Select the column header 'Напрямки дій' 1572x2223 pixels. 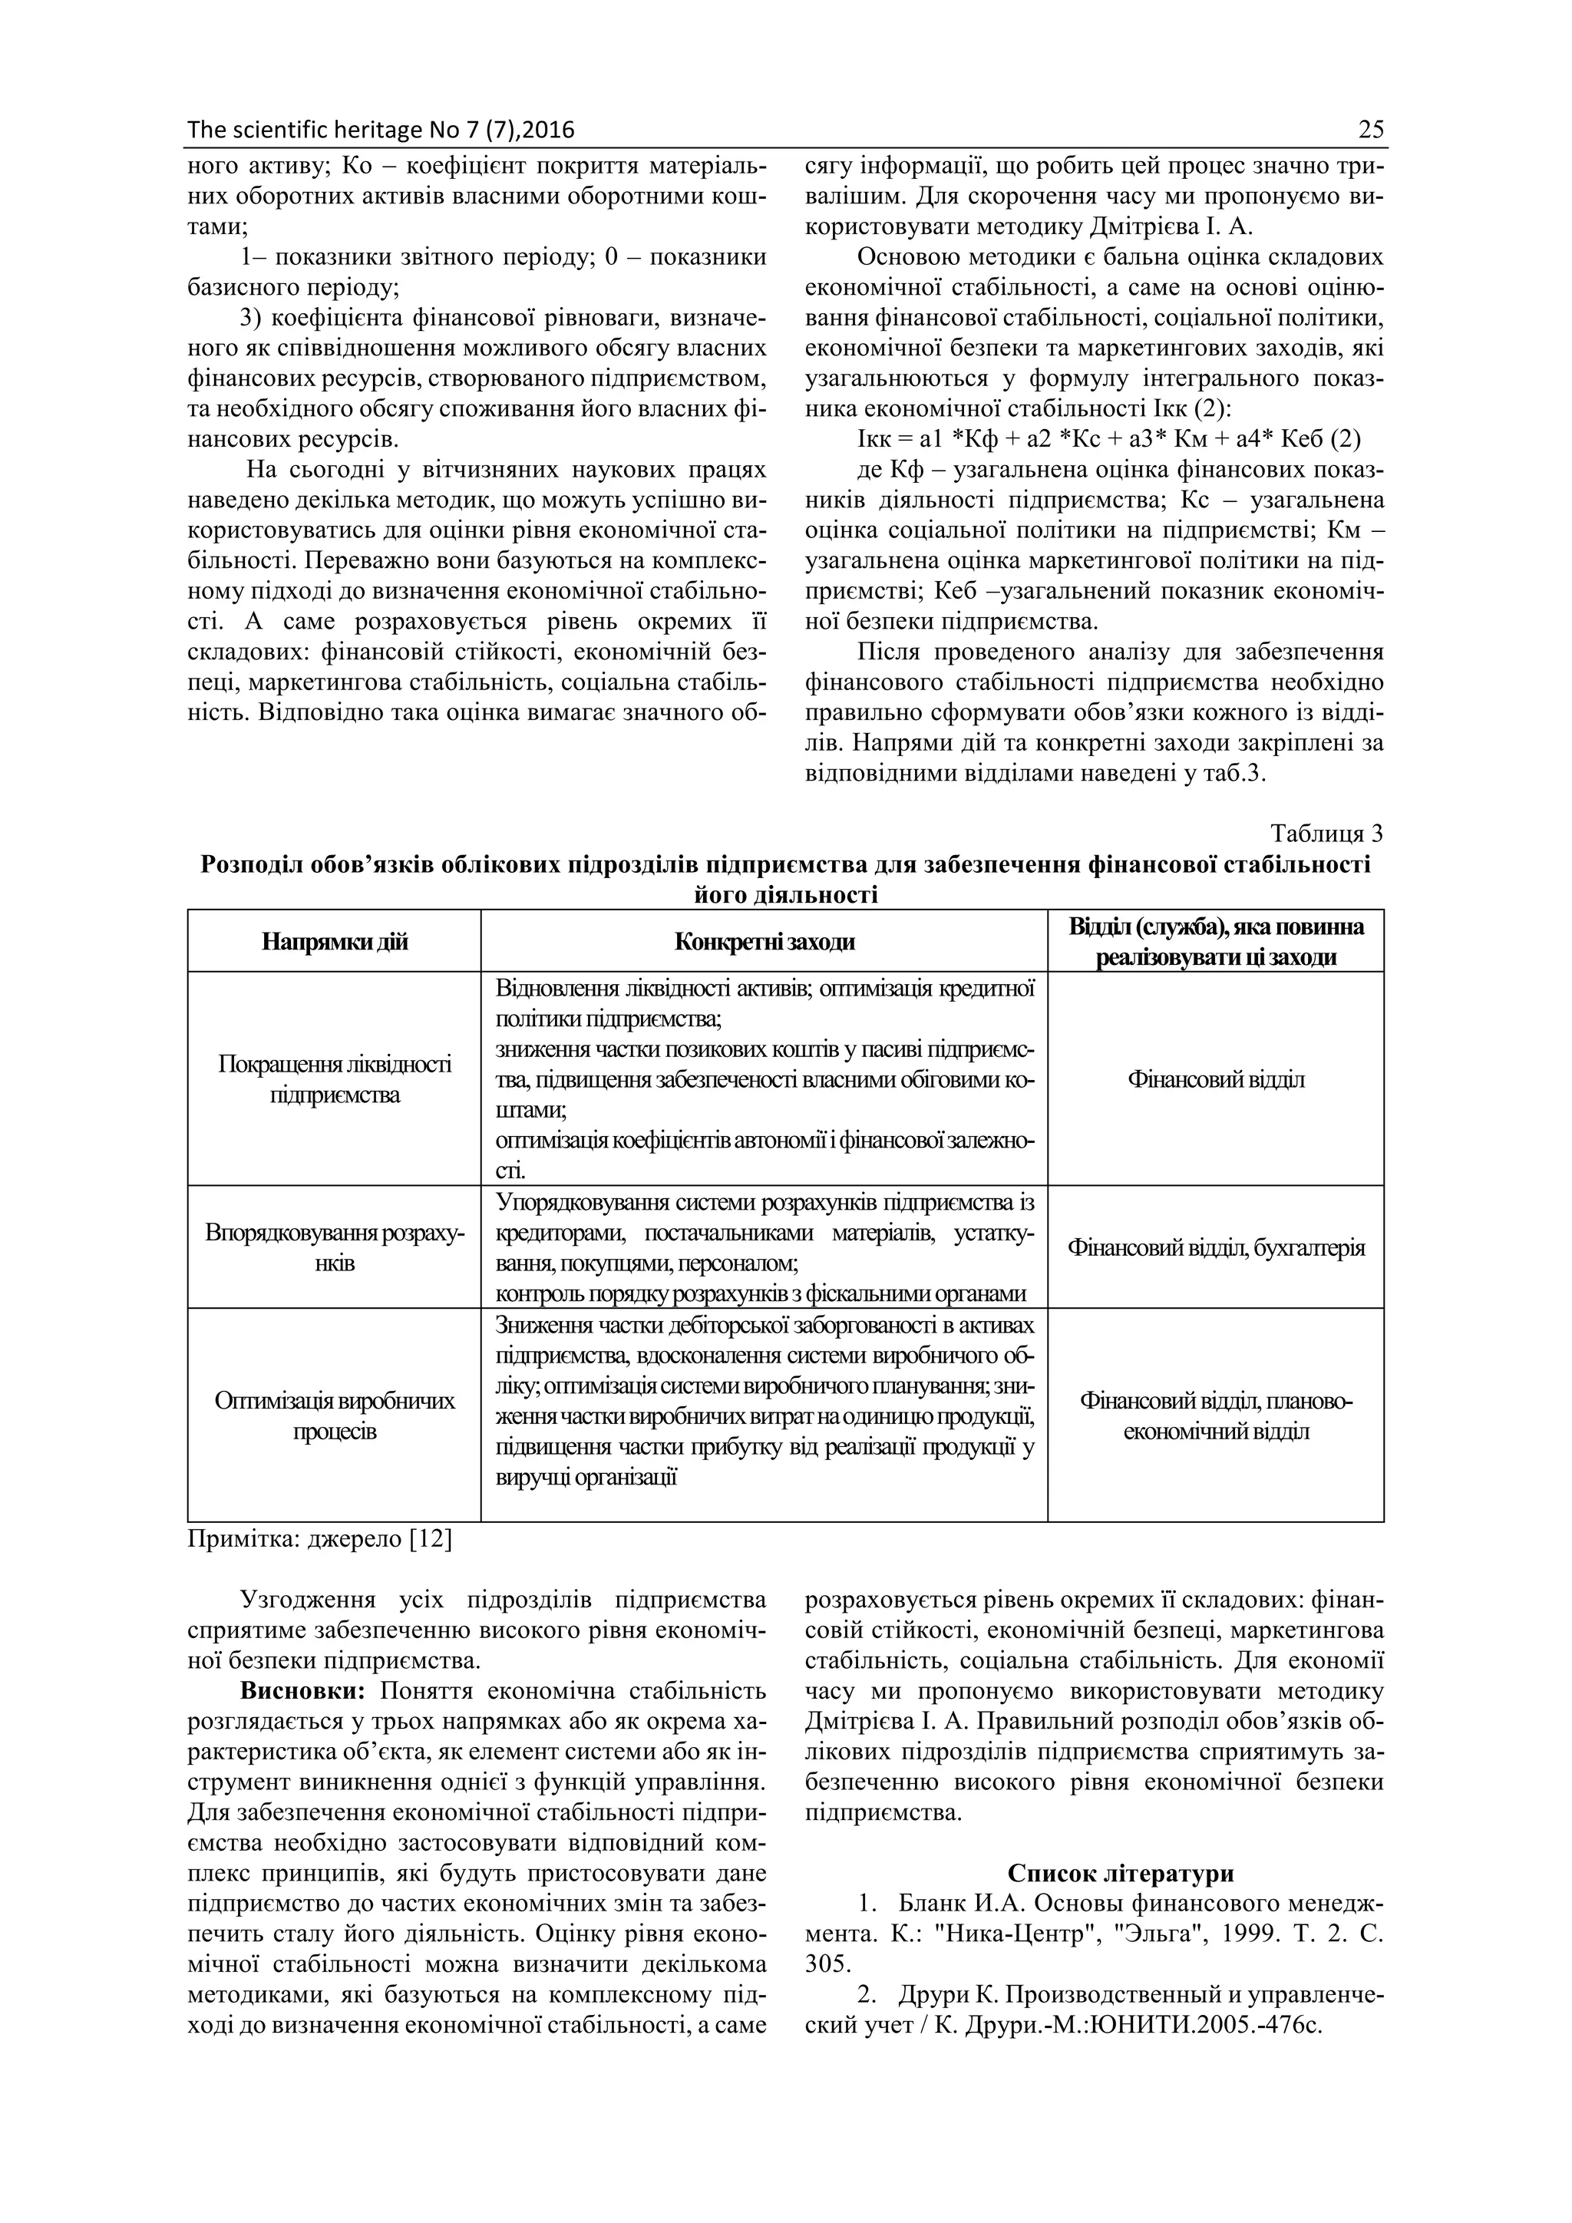pos(334,942)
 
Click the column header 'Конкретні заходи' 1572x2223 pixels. pos(764,942)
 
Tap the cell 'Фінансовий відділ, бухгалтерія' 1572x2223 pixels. pos(1216,1248)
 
